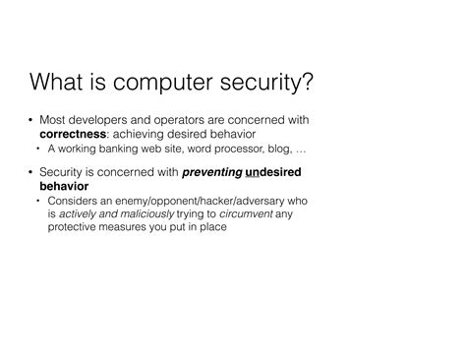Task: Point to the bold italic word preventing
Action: coord(210,171)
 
